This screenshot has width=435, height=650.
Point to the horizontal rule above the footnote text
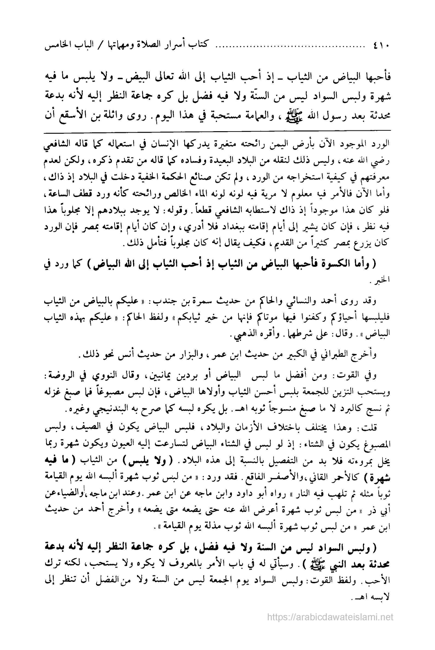217,130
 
